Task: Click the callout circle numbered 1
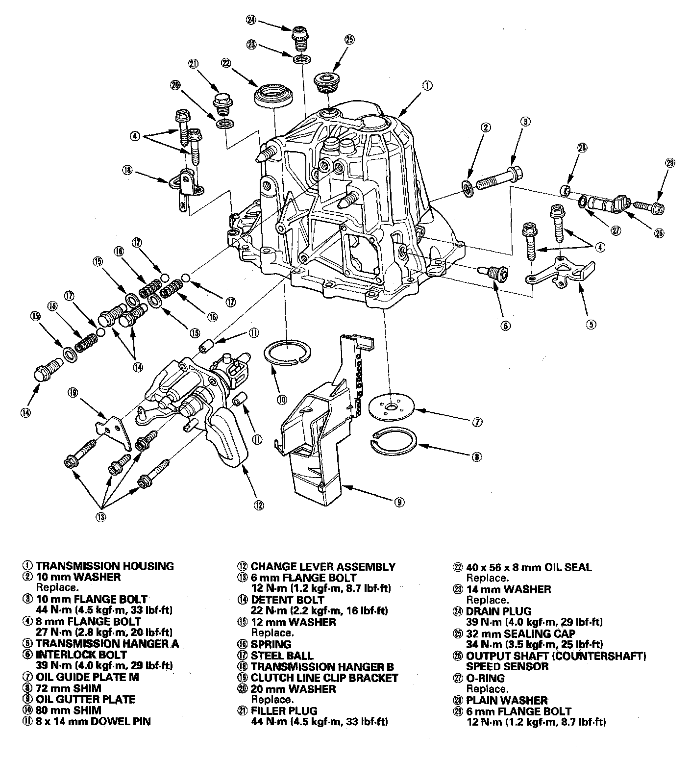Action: coord(427,86)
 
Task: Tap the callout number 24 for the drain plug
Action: coord(251,20)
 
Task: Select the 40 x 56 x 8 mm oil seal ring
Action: coord(274,95)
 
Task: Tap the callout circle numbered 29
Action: coord(670,163)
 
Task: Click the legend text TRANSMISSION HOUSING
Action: coord(104,566)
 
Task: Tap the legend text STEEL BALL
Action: coord(282,655)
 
